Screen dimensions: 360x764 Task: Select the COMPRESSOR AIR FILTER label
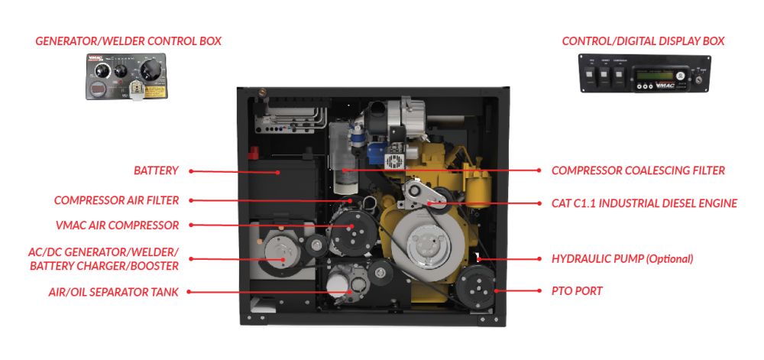pos(116,200)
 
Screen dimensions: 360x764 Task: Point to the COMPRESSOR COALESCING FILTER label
pos(638,170)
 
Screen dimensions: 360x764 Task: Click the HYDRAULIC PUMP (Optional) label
pos(622,259)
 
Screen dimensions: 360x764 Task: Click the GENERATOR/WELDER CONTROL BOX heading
pos(128,41)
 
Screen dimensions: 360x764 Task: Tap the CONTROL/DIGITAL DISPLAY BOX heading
pos(643,41)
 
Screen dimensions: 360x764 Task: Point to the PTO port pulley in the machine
pos(477,291)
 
